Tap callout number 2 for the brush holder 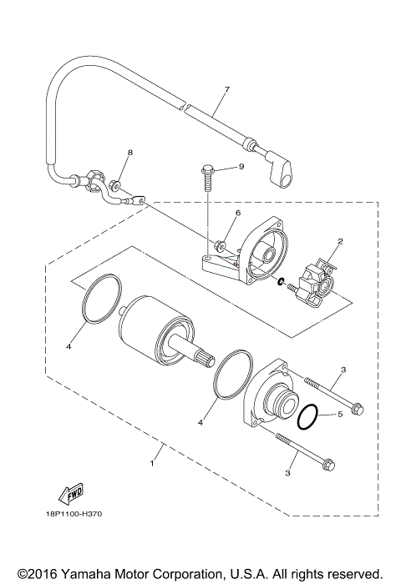[x=339, y=242]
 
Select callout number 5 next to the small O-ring [x=341, y=415]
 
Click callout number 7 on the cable [x=226, y=89]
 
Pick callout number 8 [x=129, y=154]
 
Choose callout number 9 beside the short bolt [x=241, y=167]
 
